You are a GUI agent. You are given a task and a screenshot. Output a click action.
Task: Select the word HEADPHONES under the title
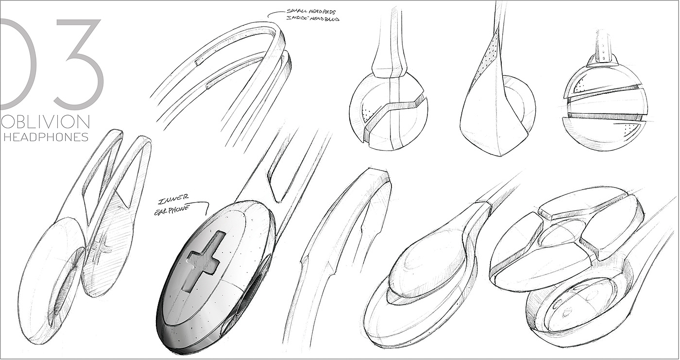pyautogui.click(x=46, y=137)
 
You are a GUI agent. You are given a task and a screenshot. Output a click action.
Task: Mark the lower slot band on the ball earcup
pyautogui.click(x=605, y=117)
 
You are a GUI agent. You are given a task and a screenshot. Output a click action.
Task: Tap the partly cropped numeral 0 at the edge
pyautogui.click(x=17, y=63)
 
